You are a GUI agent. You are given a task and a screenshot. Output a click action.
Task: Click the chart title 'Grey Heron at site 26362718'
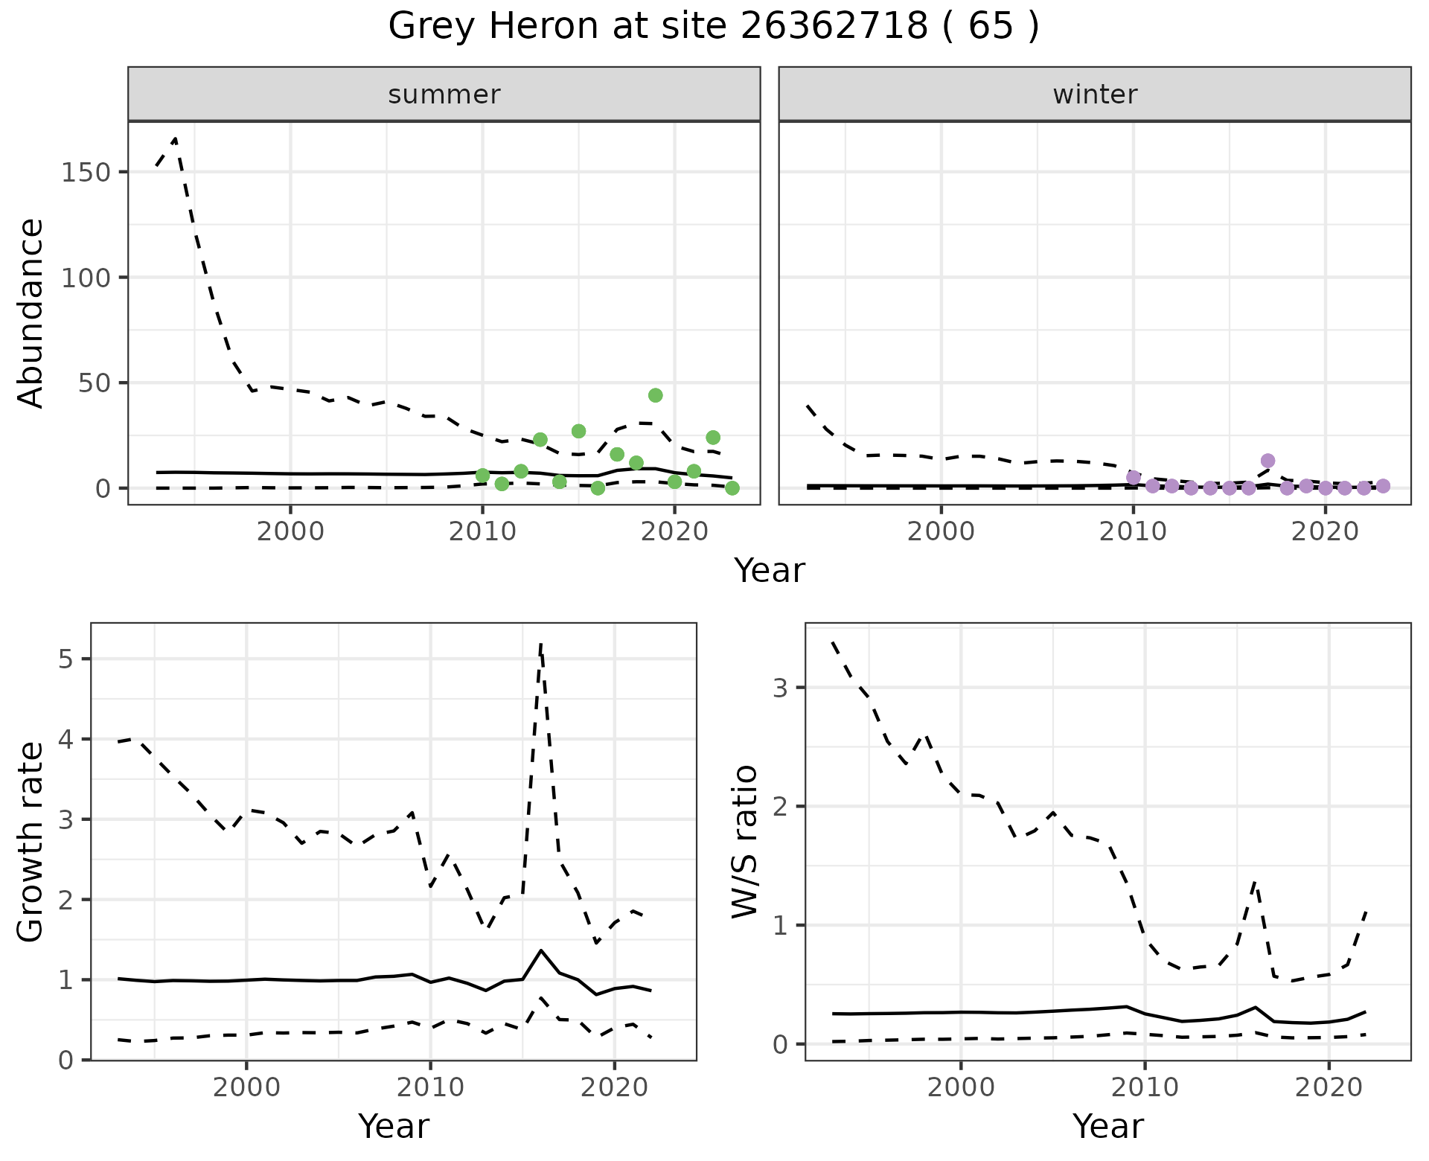tap(713, 27)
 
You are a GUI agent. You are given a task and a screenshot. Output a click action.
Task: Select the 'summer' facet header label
tap(444, 95)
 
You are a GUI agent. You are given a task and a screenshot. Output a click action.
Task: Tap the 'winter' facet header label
tap(1094, 95)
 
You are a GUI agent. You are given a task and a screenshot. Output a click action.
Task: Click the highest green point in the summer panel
tap(655, 395)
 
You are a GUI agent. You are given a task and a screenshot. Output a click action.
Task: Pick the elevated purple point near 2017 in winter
tap(1267, 461)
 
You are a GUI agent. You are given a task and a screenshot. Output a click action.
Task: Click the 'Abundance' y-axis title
tap(31, 313)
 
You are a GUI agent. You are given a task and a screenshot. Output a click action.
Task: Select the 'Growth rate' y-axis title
tap(31, 841)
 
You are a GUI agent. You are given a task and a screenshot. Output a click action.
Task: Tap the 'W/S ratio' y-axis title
tap(744, 841)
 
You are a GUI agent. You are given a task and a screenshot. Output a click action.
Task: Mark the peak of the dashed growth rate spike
tap(540, 644)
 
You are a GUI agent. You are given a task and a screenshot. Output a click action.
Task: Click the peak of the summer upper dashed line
tap(175, 138)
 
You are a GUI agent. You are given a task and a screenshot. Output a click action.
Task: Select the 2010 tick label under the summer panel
tap(482, 531)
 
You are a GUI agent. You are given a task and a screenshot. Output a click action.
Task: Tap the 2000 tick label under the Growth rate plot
tap(246, 1087)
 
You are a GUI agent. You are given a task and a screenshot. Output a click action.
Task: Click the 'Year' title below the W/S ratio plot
tap(1107, 1126)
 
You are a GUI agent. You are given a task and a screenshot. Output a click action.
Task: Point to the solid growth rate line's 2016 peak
tap(540, 950)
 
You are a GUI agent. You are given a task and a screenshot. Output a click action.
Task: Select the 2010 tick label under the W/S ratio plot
tap(1145, 1087)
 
